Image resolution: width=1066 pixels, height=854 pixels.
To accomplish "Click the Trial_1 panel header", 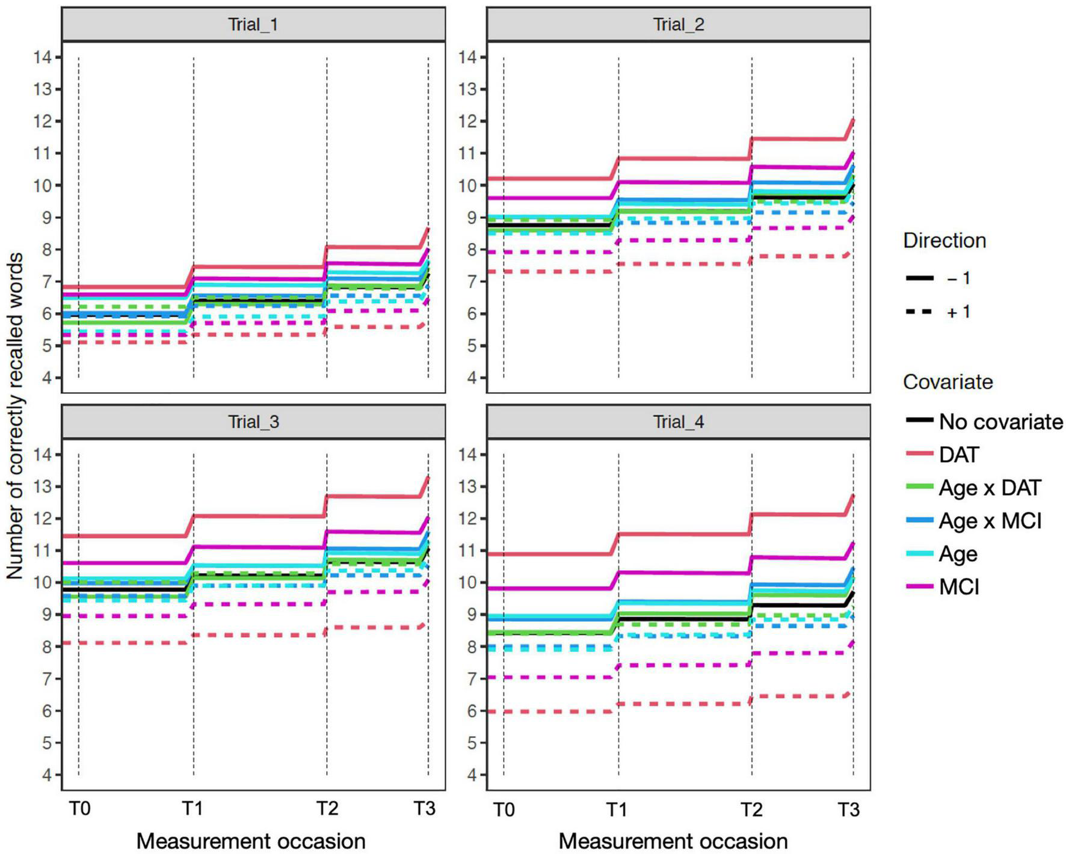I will [253, 25].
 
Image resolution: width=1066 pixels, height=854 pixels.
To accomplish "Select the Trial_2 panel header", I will [678, 25].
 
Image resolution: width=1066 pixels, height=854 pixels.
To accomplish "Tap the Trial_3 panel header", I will [253, 422].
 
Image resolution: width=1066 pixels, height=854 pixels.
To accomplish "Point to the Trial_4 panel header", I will [678, 422].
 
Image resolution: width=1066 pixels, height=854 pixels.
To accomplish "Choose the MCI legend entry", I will [959, 586].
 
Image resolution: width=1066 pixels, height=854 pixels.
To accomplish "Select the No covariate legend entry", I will [1000, 422].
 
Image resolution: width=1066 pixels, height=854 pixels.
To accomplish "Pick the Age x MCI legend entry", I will [990, 521].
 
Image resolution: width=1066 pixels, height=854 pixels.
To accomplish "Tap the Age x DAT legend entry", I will [990, 488].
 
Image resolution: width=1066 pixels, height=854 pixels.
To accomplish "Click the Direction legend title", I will [944, 241].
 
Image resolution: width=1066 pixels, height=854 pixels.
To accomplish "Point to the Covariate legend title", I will [947, 382].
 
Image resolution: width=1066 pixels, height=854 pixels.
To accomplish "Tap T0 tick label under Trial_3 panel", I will [79, 809].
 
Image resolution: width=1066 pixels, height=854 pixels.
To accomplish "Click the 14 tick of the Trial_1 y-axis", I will [46, 58].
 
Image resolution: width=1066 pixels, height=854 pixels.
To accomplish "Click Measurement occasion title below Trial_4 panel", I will [673, 841].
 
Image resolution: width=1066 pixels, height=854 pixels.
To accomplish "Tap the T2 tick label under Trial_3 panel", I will [327, 809].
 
